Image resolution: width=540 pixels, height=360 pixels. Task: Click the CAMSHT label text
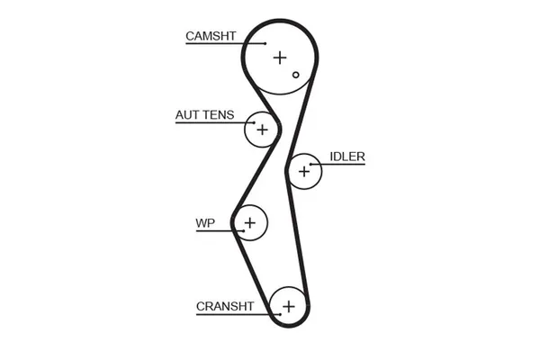coord(211,36)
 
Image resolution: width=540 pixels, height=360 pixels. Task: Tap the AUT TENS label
coord(204,115)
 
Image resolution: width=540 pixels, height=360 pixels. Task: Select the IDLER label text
coord(346,156)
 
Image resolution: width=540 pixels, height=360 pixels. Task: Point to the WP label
coord(204,222)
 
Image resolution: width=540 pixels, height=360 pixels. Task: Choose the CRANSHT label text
coord(225,307)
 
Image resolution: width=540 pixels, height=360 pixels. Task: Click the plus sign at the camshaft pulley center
coord(280,58)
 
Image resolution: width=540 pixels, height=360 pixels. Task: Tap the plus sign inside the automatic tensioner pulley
coord(262,130)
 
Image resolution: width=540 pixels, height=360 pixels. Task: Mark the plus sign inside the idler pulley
coord(304,170)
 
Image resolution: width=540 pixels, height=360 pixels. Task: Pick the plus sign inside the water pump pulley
coord(250,221)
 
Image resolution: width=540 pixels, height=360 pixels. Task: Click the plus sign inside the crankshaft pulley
coord(288,306)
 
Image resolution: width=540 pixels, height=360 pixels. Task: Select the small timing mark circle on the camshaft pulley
coord(295,75)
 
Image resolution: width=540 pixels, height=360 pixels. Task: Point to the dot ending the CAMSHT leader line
coord(266,43)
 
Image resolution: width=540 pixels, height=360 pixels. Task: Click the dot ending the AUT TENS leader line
coord(255,122)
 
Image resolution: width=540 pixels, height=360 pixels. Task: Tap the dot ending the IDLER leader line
coord(312,164)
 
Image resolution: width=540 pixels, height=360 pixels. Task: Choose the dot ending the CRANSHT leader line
coord(277,315)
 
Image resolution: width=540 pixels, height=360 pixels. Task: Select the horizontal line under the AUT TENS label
coord(214,122)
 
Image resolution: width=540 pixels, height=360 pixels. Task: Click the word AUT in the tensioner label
coord(187,115)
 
